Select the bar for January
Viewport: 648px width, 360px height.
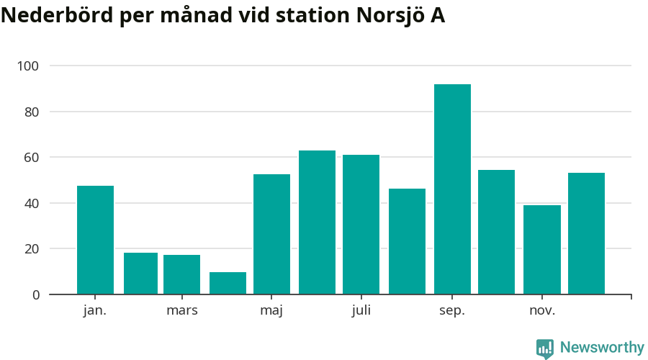coord(95,240)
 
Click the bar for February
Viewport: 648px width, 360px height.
coord(140,274)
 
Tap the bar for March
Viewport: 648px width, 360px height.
coord(181,274)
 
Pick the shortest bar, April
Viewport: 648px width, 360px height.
coord(228,283)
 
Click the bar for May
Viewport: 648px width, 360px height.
coord(271,234)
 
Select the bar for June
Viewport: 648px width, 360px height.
coord(317,222)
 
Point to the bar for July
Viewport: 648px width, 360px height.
coord(361,225)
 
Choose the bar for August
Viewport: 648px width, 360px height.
coord(407,241)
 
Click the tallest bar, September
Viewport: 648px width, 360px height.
coord(452,189)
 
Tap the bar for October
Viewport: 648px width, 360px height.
coord(496,232)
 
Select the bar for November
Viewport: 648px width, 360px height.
coord(541,250)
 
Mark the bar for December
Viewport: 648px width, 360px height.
coord(586,233)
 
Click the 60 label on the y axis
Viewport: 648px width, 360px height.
coord(32,158)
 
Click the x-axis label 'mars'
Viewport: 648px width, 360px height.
coord(181,311)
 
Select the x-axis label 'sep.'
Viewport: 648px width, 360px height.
coord(452,311)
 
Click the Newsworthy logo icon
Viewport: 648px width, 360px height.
coord(545,348)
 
